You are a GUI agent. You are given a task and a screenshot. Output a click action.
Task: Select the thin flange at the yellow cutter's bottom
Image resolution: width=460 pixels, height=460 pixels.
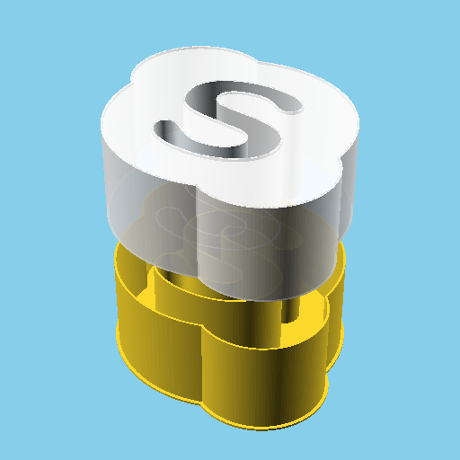(x=270, y=422)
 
